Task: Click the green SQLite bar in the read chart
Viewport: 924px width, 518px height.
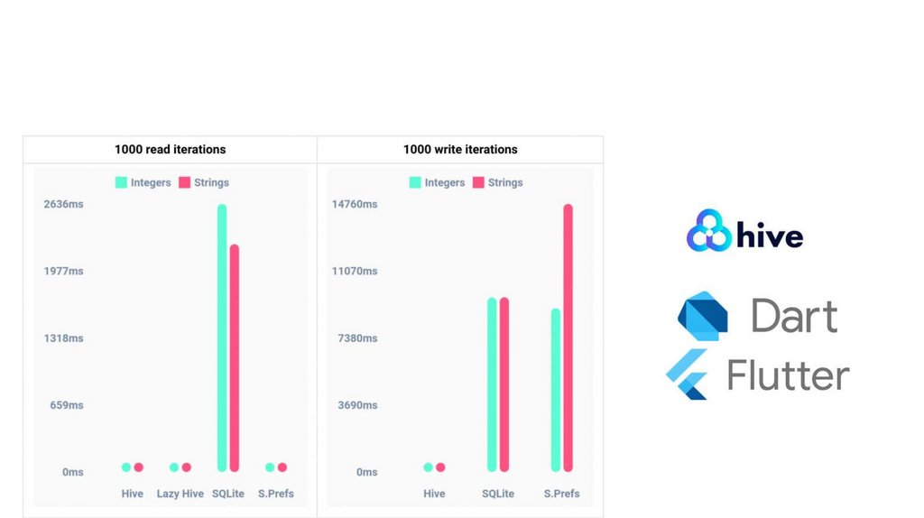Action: pos(222,338)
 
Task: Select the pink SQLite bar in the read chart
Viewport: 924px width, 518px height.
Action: pos(235,357)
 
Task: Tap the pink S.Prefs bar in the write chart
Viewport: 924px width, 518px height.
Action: pos(568,338)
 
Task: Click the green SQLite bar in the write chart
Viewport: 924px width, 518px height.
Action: pos(492,384)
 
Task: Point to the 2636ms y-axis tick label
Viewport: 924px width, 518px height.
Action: pos(63,205)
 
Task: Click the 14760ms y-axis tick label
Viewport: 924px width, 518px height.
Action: pos(355,205)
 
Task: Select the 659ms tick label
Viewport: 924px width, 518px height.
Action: pos(67,405)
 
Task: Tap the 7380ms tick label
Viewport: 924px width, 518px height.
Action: pos(356,338)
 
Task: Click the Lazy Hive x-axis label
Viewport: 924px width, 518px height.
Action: pos(180,494)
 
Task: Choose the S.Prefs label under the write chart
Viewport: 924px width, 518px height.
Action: pos(561,494)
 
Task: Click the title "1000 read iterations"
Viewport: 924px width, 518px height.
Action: pos(170,150)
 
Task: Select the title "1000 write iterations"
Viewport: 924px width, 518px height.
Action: pos(460,150)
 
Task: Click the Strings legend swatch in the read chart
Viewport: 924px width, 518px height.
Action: pos(185,182)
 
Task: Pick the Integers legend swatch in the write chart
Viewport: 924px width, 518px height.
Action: pos(415,182)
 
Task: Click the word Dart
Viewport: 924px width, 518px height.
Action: pos(794,316)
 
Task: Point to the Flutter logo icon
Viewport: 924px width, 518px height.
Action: pos(687,374)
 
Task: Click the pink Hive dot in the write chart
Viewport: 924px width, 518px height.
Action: pos(440,467)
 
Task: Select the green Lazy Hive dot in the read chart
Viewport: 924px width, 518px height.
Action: pos(174,467)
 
